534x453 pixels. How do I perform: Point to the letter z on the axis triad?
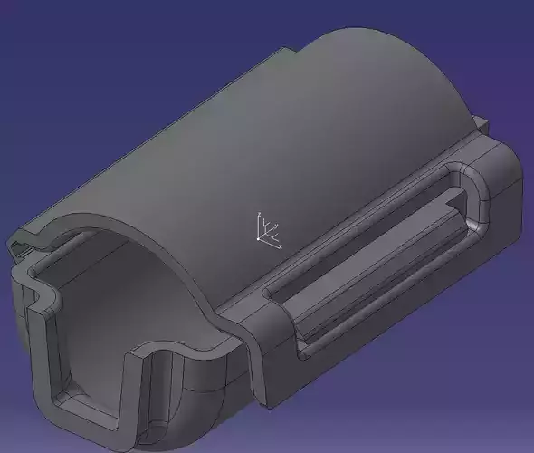pyautogui.click(x=259, y=215)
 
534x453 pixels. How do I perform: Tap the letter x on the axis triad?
pyautogui.click(x=281, y=247)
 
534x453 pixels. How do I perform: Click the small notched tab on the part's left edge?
pyautogui.click(x=19, y=244)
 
